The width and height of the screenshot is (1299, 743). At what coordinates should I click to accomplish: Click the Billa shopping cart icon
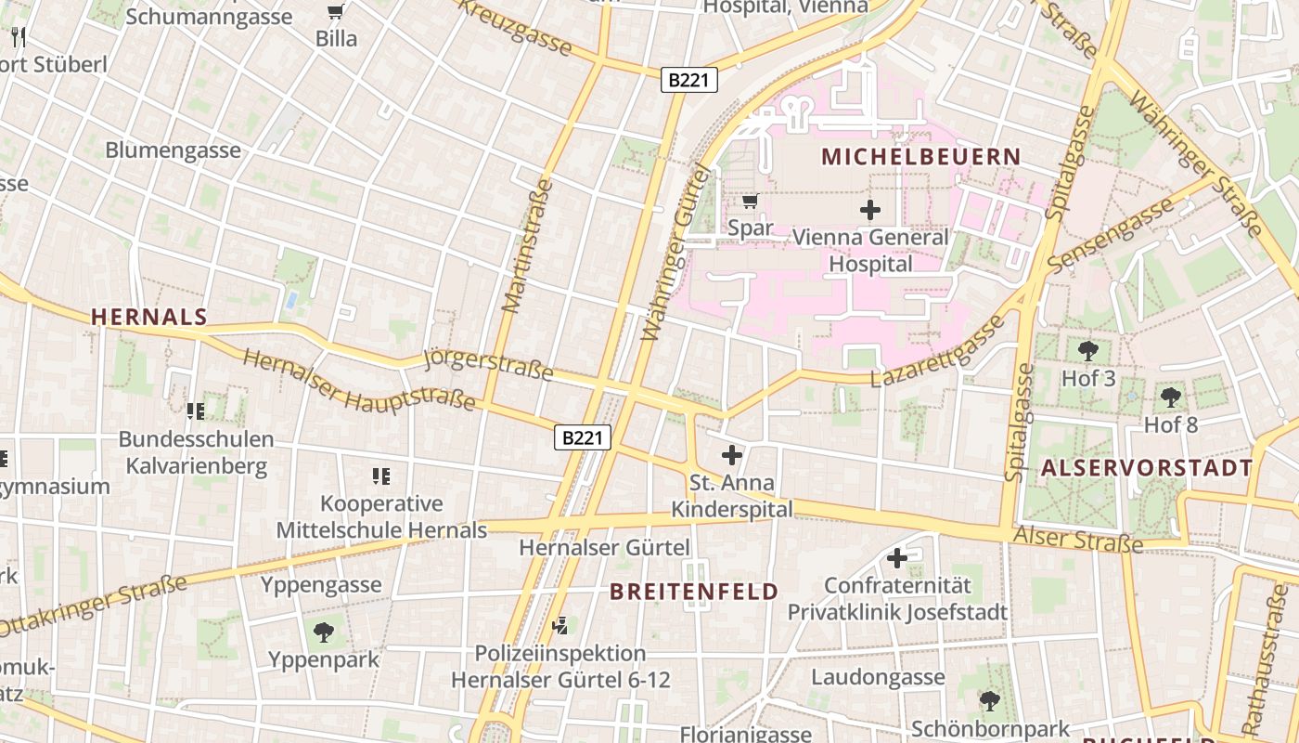pos(336,13)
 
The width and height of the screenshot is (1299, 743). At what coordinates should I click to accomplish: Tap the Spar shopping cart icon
pos(751,201)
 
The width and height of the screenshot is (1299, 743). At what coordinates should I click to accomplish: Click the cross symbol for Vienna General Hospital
pos(869,210)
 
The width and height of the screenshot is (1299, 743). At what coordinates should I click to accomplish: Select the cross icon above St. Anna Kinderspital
pos(732,455)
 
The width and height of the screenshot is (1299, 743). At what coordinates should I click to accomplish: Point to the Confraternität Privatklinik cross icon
pos(896,558)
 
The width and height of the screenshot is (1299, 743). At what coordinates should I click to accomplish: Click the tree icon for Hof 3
pos(1088,351)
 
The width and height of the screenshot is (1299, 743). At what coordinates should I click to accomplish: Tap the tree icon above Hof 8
pos(1171,398)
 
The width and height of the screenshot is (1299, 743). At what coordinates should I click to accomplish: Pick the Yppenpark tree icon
pos(323,632)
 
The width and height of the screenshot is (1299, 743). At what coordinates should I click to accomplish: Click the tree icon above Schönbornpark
pos(990,700)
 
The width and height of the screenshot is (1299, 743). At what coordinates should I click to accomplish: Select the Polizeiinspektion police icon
pos(559,626)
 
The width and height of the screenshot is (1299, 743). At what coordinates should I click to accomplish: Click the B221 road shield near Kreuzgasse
pos(689,80)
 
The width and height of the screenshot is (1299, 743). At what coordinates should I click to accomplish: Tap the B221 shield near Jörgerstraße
pos(583,437)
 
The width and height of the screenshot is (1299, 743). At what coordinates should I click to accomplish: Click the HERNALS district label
pos(148,317)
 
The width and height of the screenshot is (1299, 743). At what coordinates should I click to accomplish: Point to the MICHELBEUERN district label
pos(920,157)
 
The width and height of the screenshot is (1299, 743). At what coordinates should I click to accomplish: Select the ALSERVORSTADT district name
pos(1147,467)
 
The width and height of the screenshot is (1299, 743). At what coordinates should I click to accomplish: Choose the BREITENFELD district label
pos(693,592)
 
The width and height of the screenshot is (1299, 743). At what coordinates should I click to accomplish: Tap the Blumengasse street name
pos(173,150)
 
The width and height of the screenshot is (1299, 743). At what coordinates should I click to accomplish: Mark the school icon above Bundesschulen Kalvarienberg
pos(195,411)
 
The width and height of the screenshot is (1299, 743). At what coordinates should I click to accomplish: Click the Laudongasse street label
pos(878,677)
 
